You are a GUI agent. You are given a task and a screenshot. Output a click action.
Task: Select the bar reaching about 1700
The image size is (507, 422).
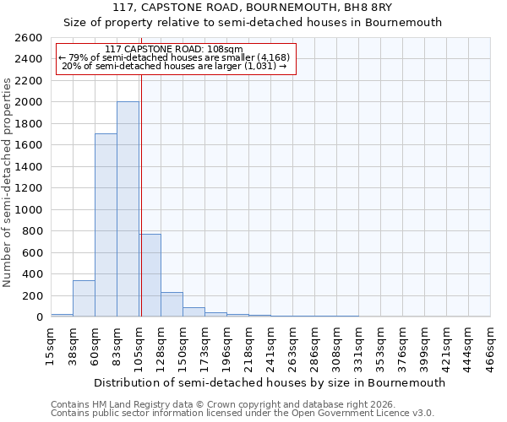click(x=106, y=225)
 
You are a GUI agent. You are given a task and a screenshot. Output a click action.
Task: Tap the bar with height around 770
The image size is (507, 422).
click(x=150, y=275)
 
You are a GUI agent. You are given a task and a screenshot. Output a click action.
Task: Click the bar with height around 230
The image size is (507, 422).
click(x=172, y=305)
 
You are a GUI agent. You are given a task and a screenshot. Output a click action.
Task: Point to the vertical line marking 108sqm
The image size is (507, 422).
click(x=141, y=194)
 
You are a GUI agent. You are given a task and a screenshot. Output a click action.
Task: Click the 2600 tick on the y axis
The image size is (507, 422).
click(x=28, y=38)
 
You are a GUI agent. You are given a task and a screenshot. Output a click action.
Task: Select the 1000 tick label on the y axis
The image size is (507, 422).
click(x=28, y=209)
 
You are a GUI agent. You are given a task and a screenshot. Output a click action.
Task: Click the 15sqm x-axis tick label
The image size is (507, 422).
click(x=52, y=344)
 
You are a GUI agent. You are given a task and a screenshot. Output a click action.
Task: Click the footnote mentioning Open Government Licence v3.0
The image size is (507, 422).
click(x=243, y=414)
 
